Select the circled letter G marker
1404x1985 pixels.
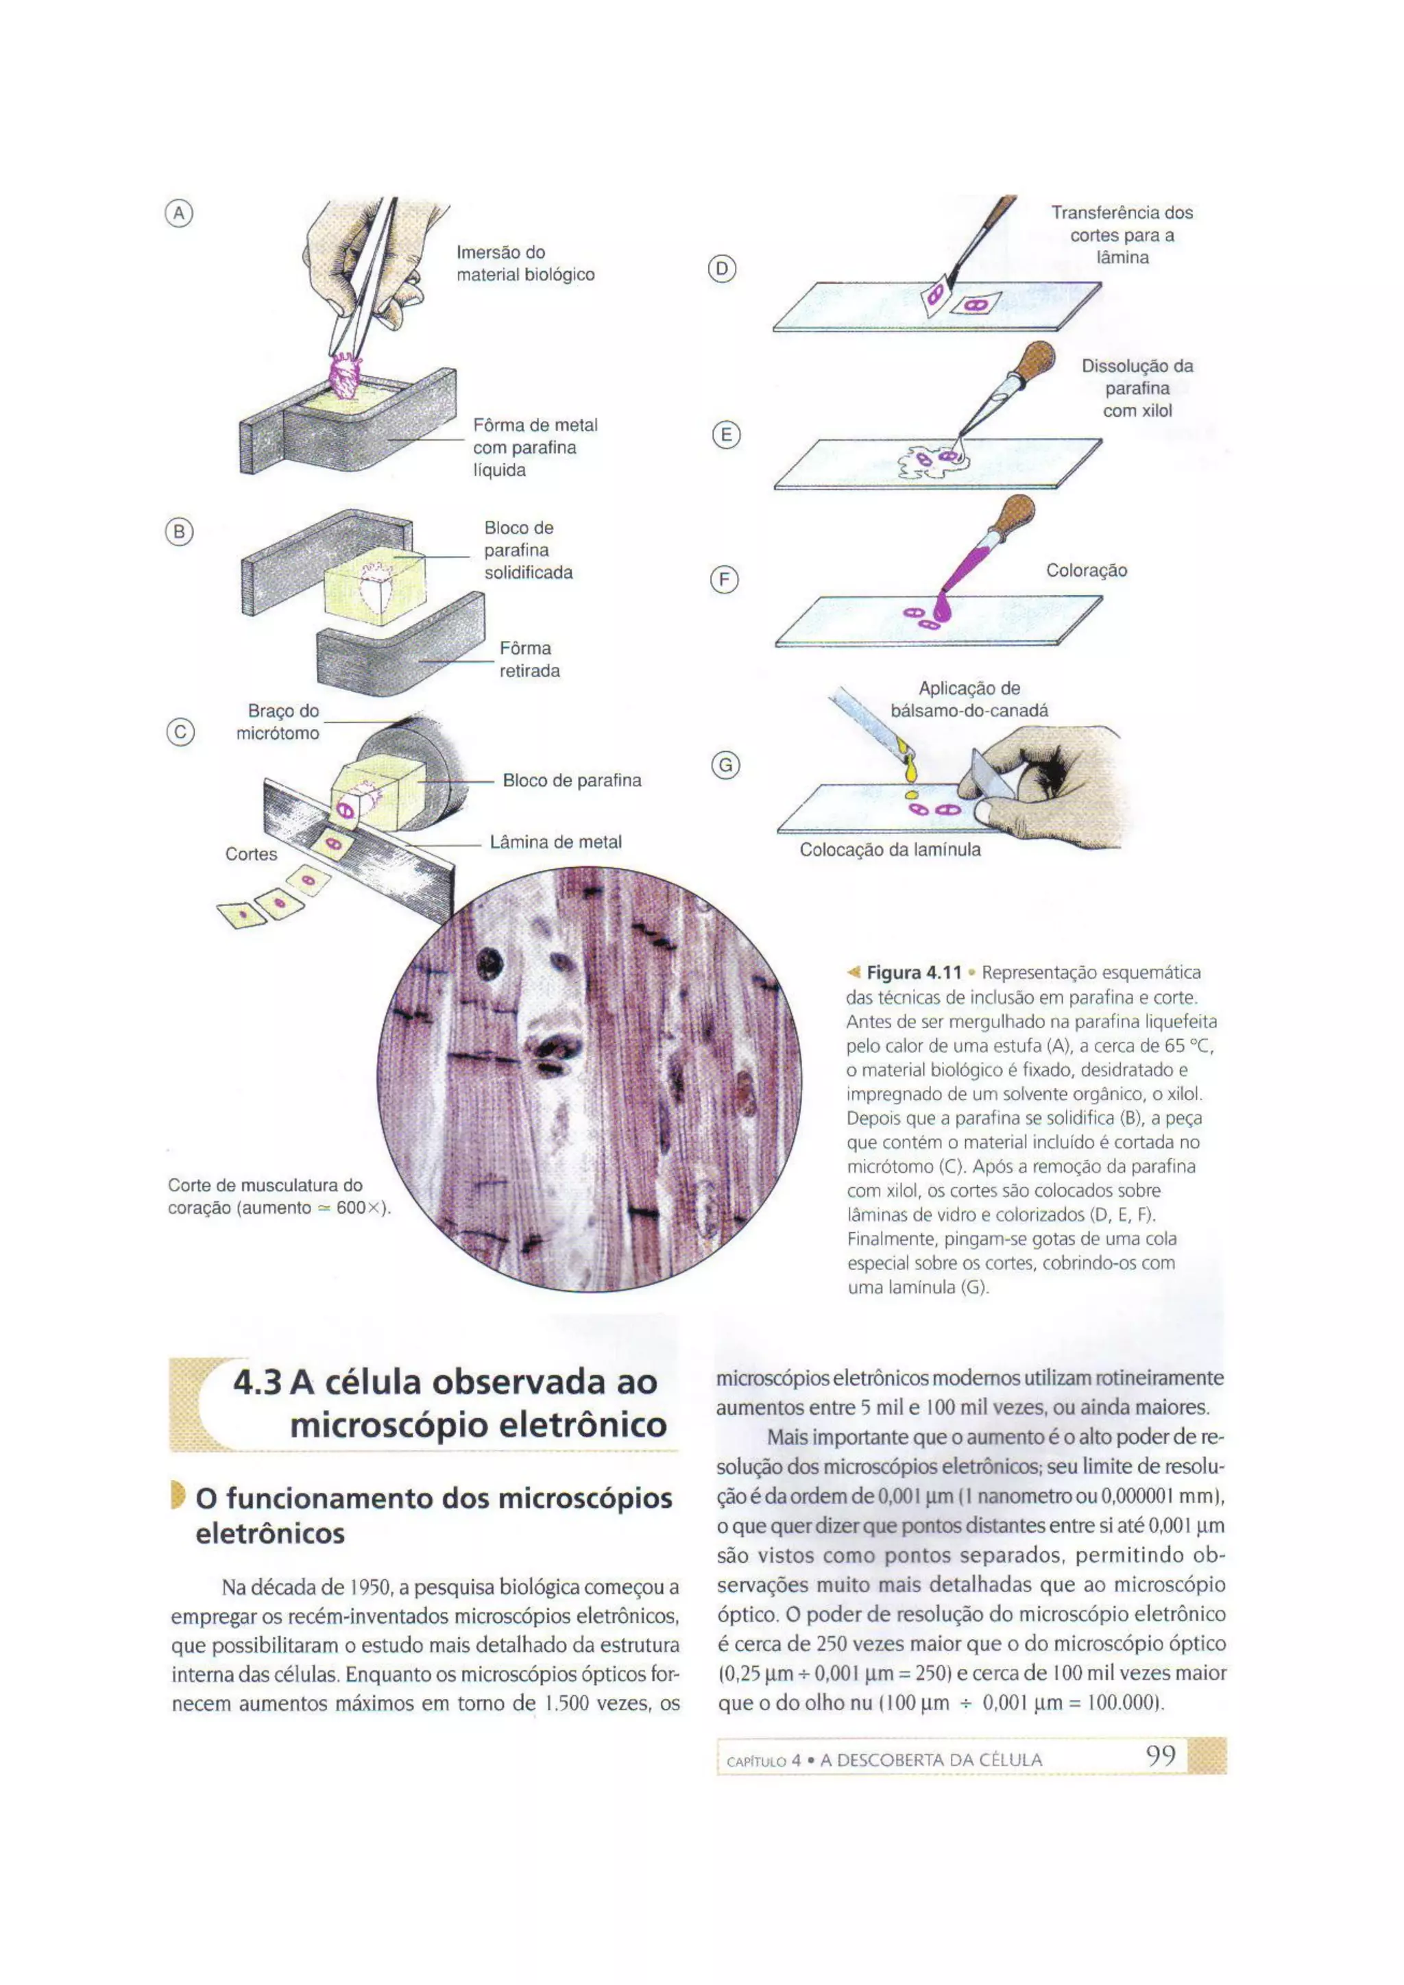pos(725,765)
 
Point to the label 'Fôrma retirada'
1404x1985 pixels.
pos(529,659)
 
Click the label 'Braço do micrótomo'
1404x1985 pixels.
pos(278,722)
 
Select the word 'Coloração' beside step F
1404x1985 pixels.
pos(1086,570)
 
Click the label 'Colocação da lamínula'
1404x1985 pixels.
pos(890,850)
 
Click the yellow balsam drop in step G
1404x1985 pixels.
pos(910,794)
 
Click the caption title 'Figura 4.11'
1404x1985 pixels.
pos(914,973)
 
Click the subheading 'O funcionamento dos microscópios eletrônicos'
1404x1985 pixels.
pos(433,1515)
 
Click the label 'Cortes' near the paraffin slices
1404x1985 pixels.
pos(251,854)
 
